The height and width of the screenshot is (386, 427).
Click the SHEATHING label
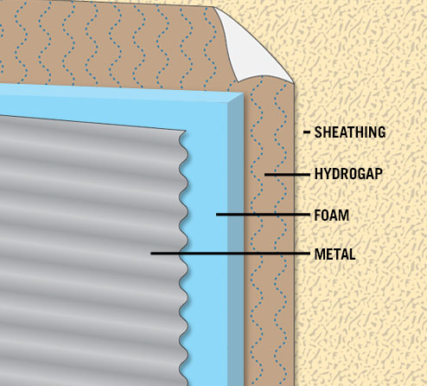350,132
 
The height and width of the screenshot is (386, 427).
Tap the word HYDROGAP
348,174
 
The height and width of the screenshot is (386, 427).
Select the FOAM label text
331,216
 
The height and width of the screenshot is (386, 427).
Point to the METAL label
335,254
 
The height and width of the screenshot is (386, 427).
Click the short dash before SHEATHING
307,132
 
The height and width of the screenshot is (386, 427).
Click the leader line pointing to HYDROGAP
287,175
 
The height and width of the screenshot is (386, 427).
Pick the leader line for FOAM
263,215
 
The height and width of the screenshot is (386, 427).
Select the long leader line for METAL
230,254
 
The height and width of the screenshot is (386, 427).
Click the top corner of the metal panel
185,132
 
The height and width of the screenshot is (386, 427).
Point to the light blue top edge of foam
121,93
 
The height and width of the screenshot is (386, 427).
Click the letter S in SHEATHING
318,132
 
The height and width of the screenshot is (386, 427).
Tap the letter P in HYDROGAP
379,174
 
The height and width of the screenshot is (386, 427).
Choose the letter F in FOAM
317,216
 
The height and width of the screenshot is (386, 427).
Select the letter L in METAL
352,254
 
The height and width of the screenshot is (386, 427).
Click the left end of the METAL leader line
151,254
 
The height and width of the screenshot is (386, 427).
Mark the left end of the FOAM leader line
217,215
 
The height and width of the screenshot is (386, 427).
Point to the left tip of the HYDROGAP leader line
265,175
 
